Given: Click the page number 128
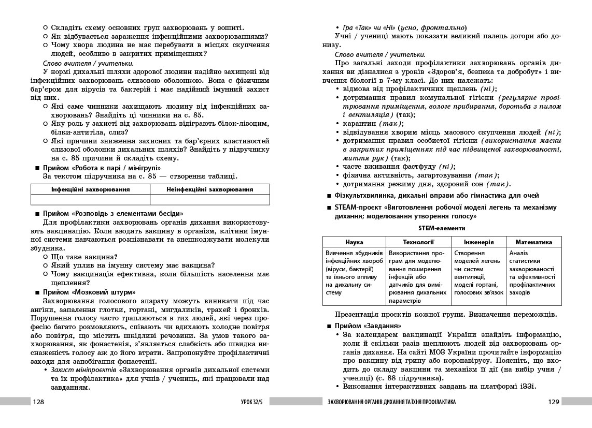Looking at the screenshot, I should (x=39, y=402).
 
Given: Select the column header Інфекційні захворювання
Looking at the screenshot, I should (x=90, y=189).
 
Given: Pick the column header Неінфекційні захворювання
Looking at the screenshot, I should (x=210, y=189).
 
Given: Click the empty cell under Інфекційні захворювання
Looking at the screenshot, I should (x=90, y=200).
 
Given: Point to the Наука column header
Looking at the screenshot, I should (x=354, y=242).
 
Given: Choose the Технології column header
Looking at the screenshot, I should (x=418, y=242).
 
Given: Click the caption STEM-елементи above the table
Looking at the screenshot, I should (x=442, y=228).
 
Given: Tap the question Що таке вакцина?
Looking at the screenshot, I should (x=84, y=257).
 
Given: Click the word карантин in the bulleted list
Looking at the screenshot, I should (x=360, y=124).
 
